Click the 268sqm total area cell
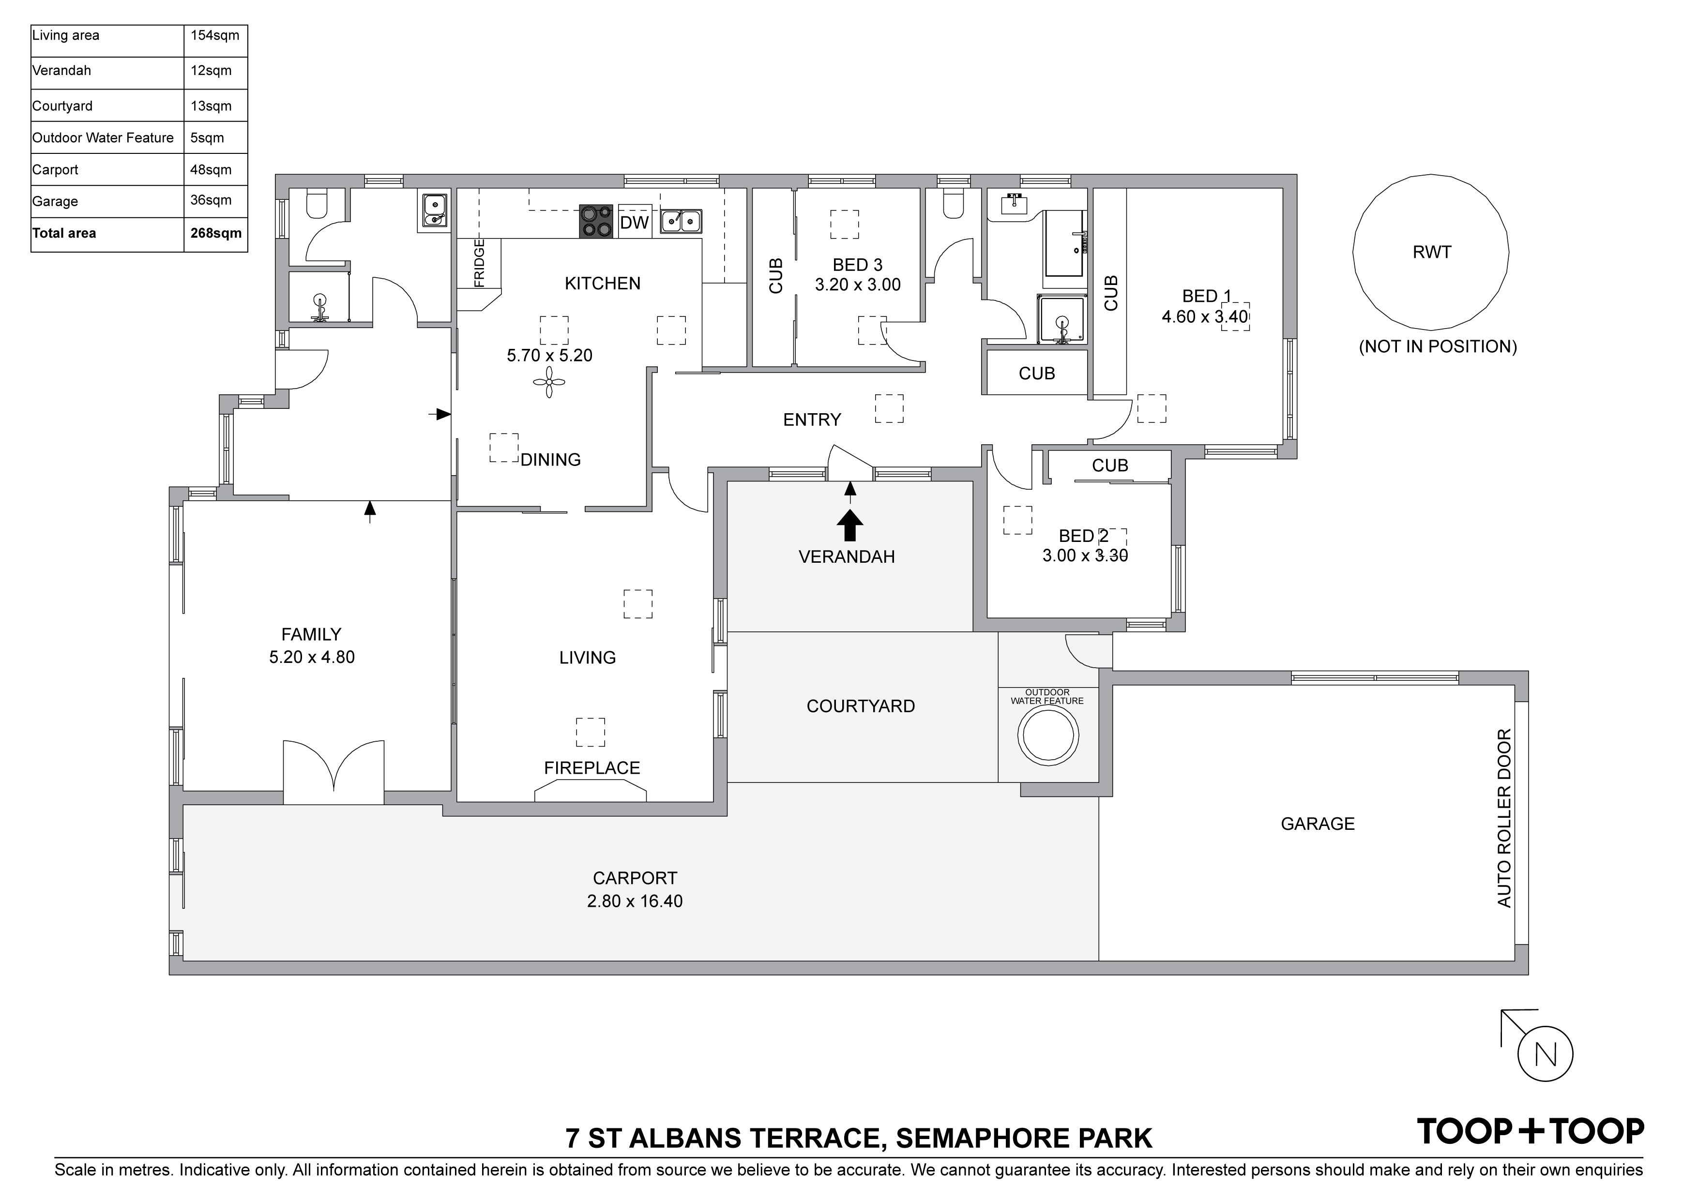tap(215, 234)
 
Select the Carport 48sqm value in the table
tap(211, 170)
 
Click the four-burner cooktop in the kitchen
tap(596, 221)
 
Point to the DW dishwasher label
tap(634, 223)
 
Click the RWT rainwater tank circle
tap(1430, 252)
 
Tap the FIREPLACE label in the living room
tap(591, 768)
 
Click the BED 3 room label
tap(857, 265)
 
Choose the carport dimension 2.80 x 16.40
tap(635, 901)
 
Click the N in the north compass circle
tap(1545, 1054)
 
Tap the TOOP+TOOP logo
tap(1530, 1131)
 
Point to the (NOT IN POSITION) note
tap(1438, 347)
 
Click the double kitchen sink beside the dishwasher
tap(681, 220)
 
